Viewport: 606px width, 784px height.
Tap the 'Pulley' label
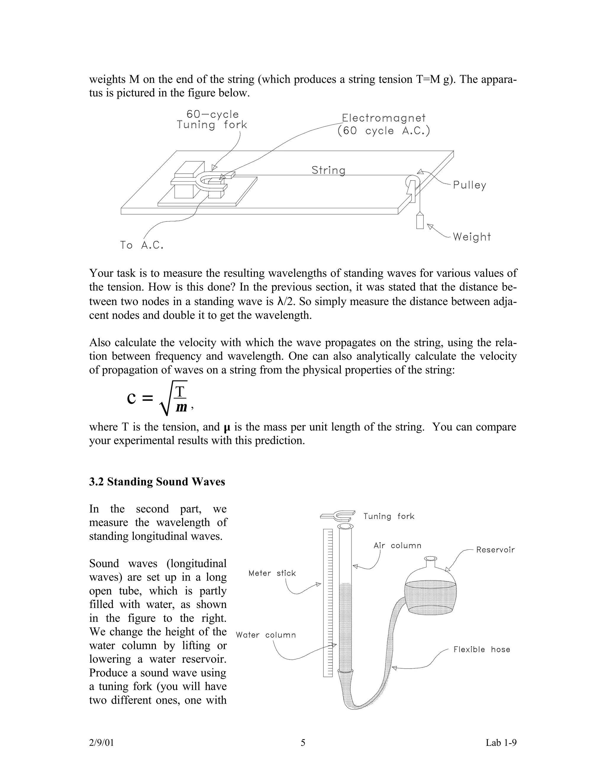469,185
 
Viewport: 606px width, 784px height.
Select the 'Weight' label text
471,237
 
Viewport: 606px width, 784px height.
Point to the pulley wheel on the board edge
410,181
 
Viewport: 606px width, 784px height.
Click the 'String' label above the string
328,170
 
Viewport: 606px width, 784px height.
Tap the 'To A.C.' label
142,245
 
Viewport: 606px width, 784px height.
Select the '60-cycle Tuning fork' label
212,120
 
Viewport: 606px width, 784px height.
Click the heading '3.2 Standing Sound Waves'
157,482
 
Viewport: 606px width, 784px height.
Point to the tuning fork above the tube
337,515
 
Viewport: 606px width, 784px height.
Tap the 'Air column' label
397,546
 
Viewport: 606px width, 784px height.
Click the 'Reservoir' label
495,550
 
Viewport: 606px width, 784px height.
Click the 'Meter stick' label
272,573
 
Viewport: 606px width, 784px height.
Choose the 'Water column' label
266,635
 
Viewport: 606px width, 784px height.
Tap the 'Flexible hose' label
481,649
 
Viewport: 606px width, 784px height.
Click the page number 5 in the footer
303,743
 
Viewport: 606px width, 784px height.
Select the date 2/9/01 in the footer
101,743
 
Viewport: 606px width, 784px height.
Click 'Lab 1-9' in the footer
501,743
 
